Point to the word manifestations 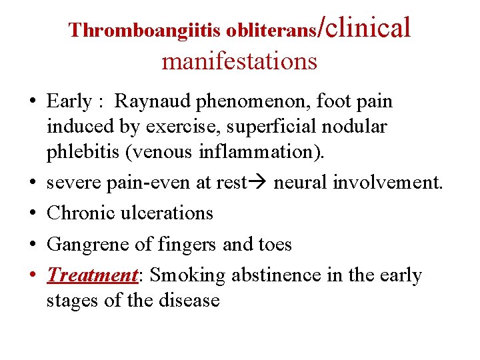click(239, 61)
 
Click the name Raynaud click(146, 102)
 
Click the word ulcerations click(168, 213)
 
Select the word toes click(273, 245)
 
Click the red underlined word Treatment click(91, 275)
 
